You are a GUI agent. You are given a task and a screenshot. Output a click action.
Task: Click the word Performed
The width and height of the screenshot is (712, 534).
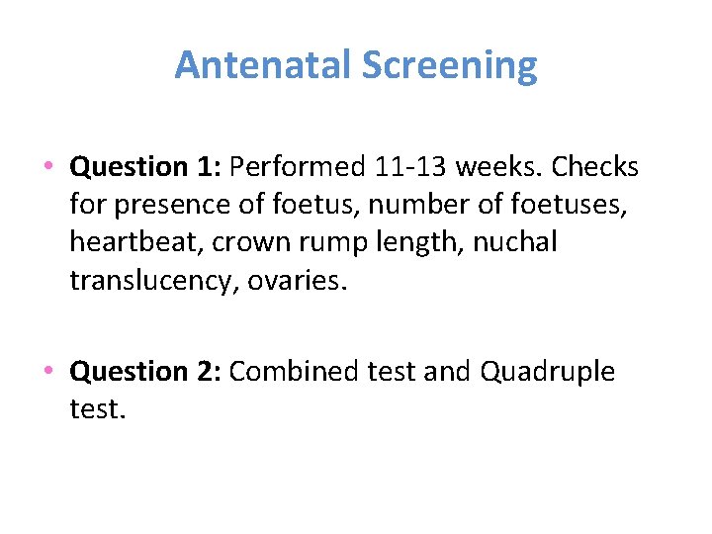[299, 167]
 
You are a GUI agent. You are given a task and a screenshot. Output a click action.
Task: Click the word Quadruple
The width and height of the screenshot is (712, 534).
[548, 372]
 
